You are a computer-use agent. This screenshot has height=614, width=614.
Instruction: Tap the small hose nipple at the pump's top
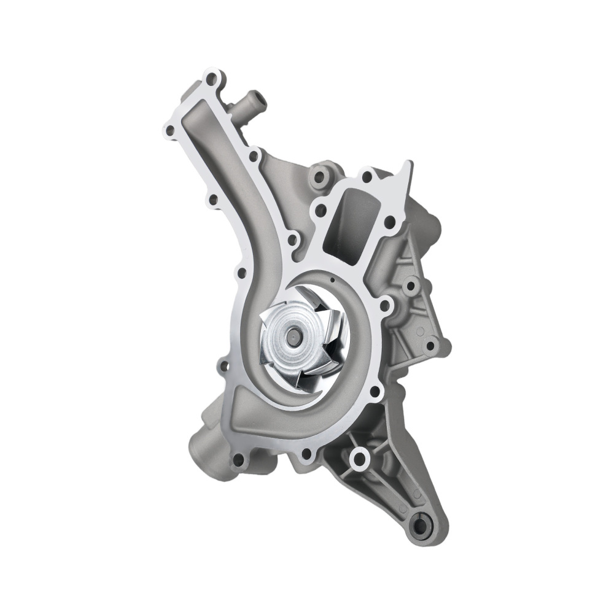coord(252,98)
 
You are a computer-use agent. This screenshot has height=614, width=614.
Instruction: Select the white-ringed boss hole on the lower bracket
coord(359,457)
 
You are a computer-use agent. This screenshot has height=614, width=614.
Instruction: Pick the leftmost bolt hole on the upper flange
coord(169,130)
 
